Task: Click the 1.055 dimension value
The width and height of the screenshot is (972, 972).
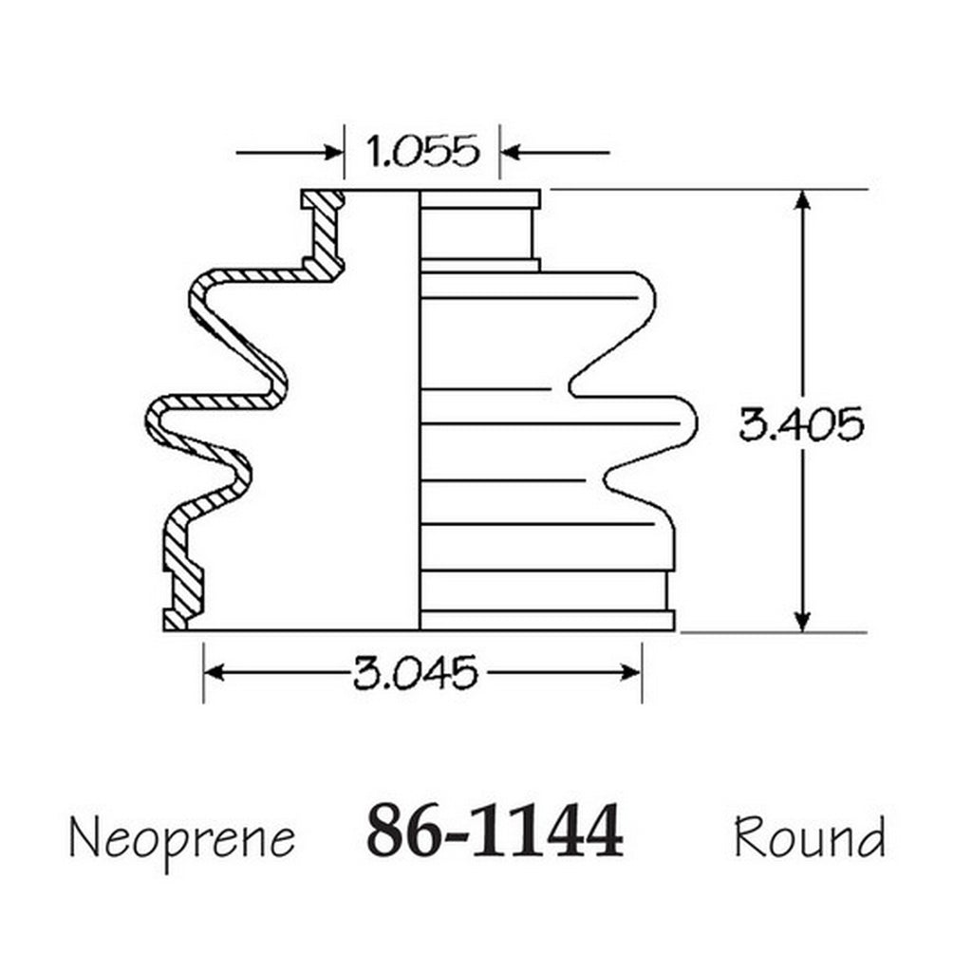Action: (x=422, y=151)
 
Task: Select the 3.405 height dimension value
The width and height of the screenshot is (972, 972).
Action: (x=801, y=424)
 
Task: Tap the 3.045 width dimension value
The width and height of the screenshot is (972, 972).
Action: (x=416, y=672)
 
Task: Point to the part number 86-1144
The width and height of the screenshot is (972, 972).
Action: (x=495, y=831)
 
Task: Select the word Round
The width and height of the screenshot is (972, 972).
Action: (x=810, y=837)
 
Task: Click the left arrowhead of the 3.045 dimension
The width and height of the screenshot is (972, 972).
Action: (x=215, y=672)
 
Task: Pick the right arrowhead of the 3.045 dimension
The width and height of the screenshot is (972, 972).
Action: (x=631, y=672)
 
